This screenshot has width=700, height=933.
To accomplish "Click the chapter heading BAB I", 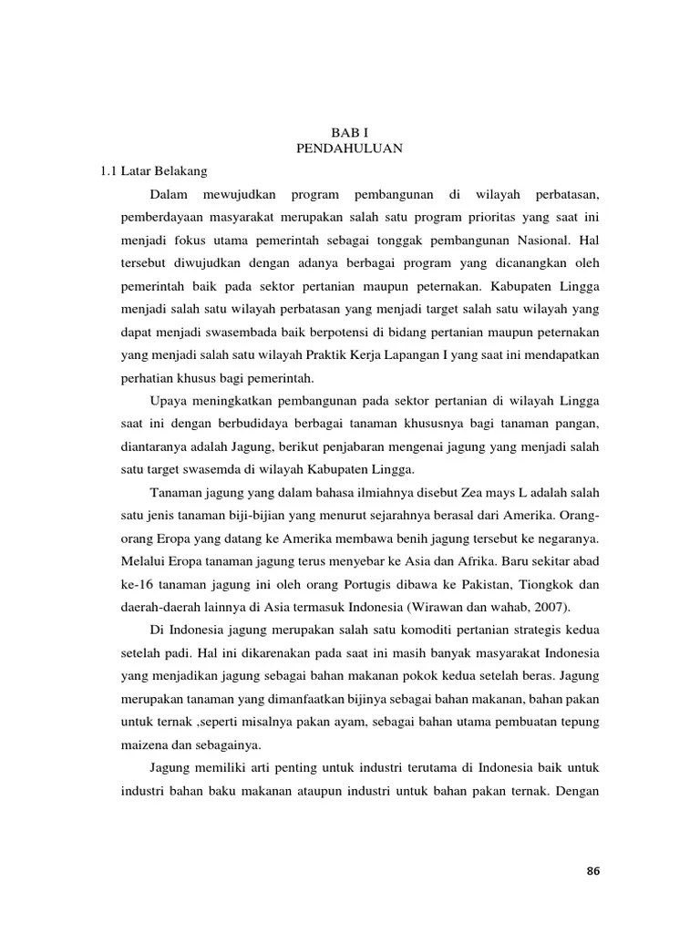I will click(x=349, y=132).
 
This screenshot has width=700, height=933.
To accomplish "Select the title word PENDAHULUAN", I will click(x=349, y=148).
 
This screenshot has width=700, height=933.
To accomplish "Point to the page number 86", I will click(x=593, y=870).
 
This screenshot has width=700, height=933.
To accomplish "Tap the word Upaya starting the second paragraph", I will click(x=168, y=402).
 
